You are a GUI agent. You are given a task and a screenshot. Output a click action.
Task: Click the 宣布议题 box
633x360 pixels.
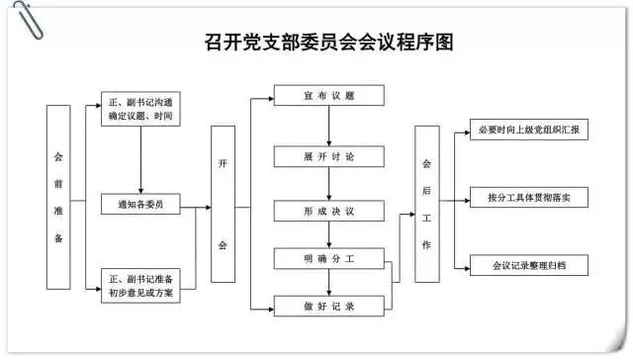coord(328,97)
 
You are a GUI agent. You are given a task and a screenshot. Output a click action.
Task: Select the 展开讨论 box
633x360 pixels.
coord(328,157)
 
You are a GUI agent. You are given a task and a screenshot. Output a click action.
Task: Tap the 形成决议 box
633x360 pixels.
coord(328,211)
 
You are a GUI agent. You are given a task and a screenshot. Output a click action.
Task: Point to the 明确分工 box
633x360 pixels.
coord(328,259)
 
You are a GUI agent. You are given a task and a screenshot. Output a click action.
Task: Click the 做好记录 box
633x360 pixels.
coord(328,308)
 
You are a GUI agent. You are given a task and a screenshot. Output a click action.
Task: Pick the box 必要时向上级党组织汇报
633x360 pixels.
coord(528,130)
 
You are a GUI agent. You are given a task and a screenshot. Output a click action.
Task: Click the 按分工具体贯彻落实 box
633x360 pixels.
coord(528,198)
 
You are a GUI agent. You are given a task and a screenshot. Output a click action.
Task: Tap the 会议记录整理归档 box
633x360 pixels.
coord(528,266)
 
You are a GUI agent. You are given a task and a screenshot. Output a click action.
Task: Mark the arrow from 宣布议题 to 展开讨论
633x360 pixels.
coord(328,127)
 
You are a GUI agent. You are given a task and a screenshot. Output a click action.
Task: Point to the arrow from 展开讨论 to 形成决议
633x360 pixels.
coord(328,185)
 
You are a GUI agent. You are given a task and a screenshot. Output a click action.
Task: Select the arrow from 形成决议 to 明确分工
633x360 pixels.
coord(328,235)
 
